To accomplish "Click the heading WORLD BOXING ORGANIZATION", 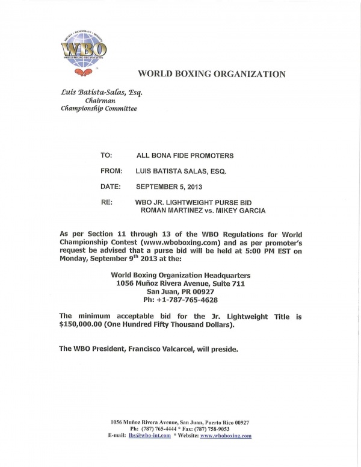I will (212, 75).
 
